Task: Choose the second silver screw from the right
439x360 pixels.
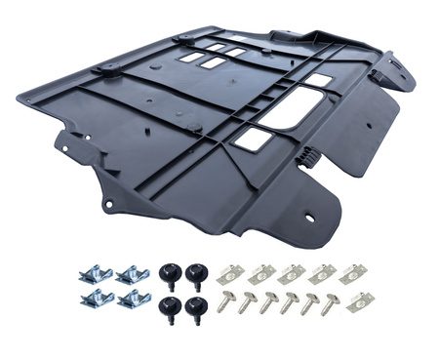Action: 310,302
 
